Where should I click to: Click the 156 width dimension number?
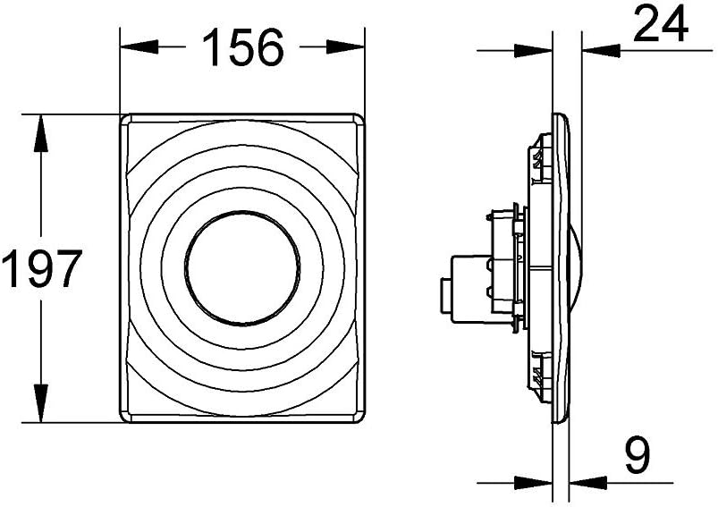click(242, 47)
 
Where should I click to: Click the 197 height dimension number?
click(42, 268)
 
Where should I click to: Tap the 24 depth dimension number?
click(661, 24)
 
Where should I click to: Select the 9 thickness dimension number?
click(638, 455)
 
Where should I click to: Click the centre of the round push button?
click(242, 269)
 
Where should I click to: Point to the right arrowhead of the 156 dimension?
click(345, 46)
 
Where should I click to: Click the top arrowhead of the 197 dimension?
click(41, 133)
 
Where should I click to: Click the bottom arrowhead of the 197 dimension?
click(41, 403)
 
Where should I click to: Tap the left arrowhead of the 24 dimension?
click(534, 50)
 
